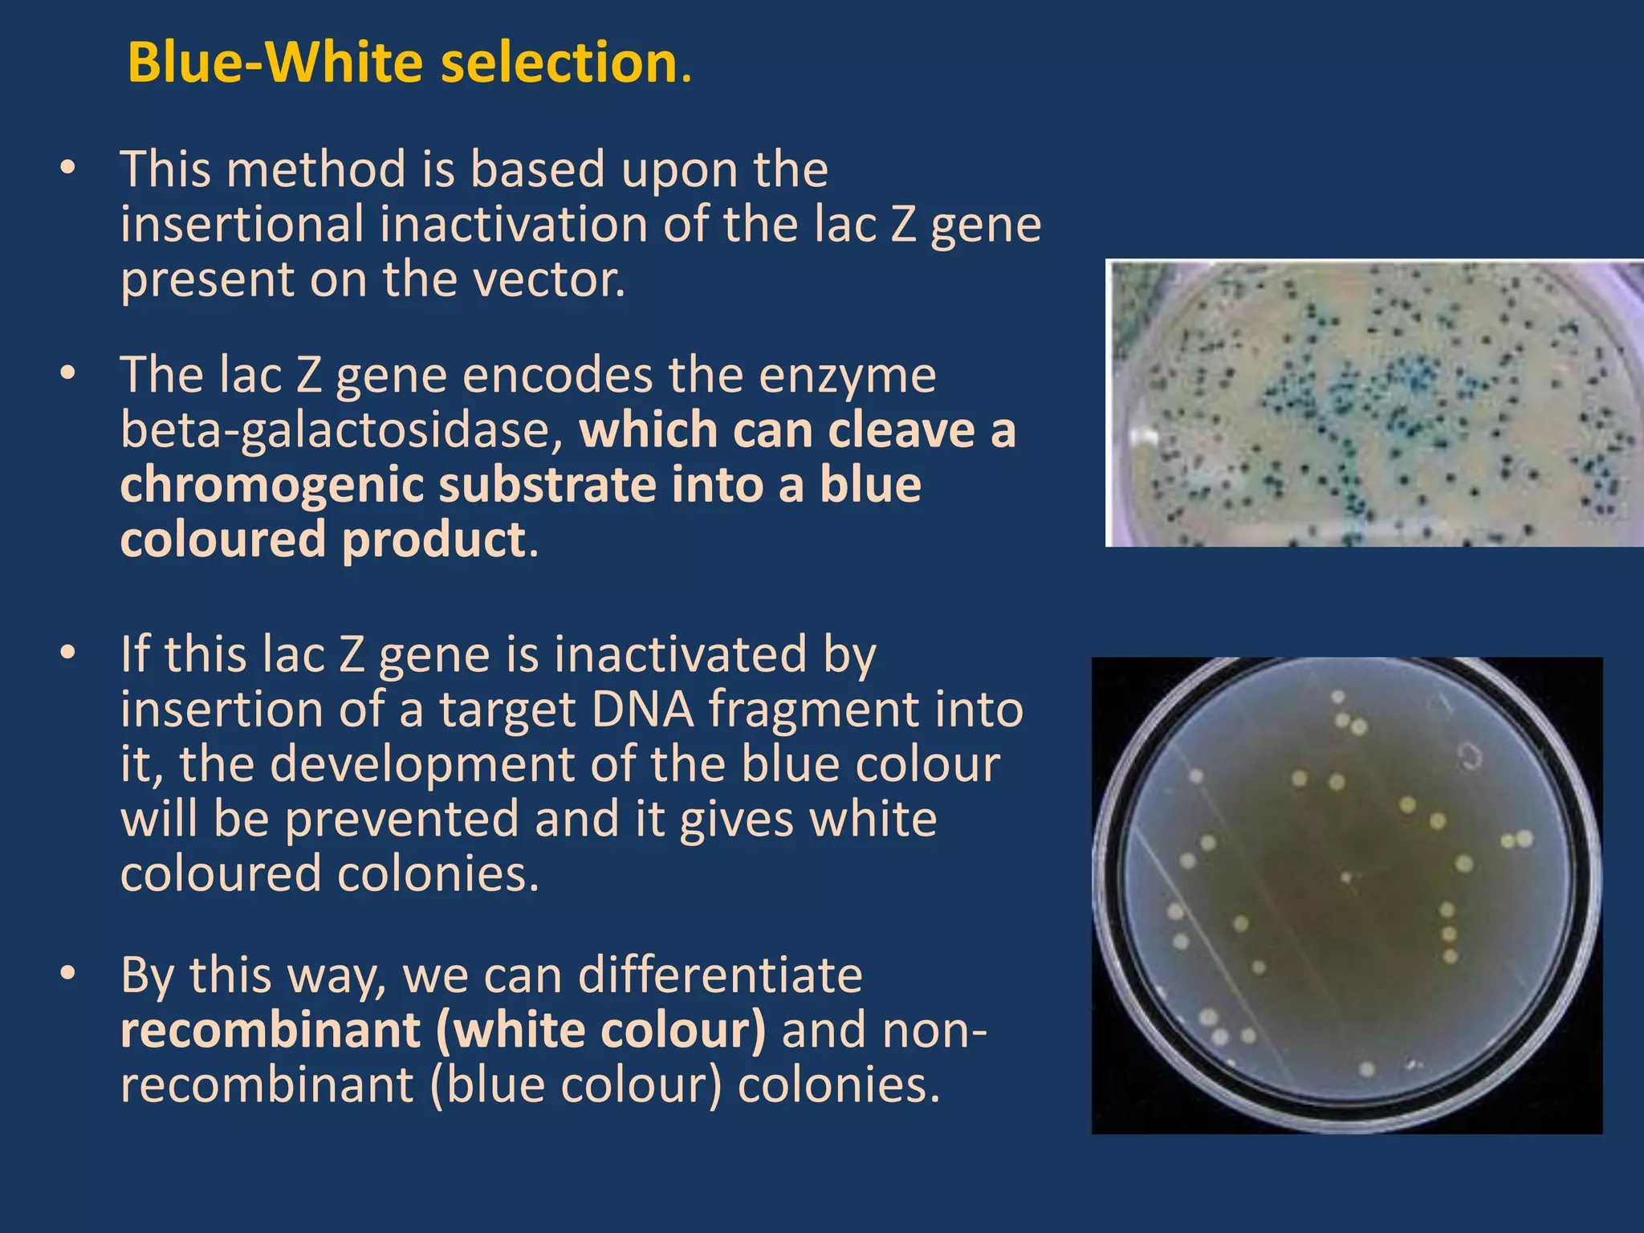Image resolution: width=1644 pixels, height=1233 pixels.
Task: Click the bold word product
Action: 433,539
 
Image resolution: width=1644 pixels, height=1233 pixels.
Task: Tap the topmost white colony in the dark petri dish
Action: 1337,697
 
